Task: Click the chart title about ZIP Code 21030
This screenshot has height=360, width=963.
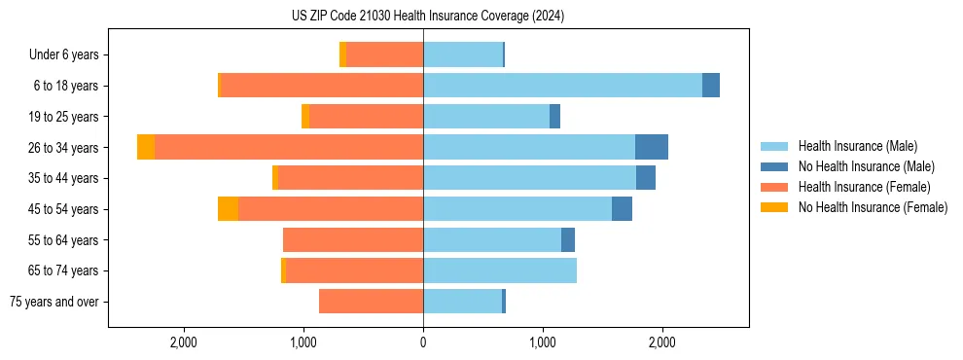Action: tap(427, 17)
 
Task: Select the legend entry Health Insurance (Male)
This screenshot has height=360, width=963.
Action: tap(857, 146)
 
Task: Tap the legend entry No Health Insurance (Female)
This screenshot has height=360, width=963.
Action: tap(873, 207)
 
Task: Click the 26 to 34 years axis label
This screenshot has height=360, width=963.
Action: tap(63, 148)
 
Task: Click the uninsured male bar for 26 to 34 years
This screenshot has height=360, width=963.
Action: tap(652, 147)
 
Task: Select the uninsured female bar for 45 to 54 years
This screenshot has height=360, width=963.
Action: tap(228, 208)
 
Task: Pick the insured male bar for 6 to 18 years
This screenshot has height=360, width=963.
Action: tap(562, 86)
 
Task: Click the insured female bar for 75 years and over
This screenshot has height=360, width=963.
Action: tap(371, 302)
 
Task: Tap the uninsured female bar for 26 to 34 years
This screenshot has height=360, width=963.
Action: tap(146, 147)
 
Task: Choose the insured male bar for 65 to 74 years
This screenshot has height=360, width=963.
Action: tap(500, 270)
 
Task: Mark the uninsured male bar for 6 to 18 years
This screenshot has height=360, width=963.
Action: tap(711, 86)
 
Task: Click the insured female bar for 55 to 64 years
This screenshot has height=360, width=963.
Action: tap(353, 239)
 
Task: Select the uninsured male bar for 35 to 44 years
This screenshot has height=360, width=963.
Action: tap(646, 178)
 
